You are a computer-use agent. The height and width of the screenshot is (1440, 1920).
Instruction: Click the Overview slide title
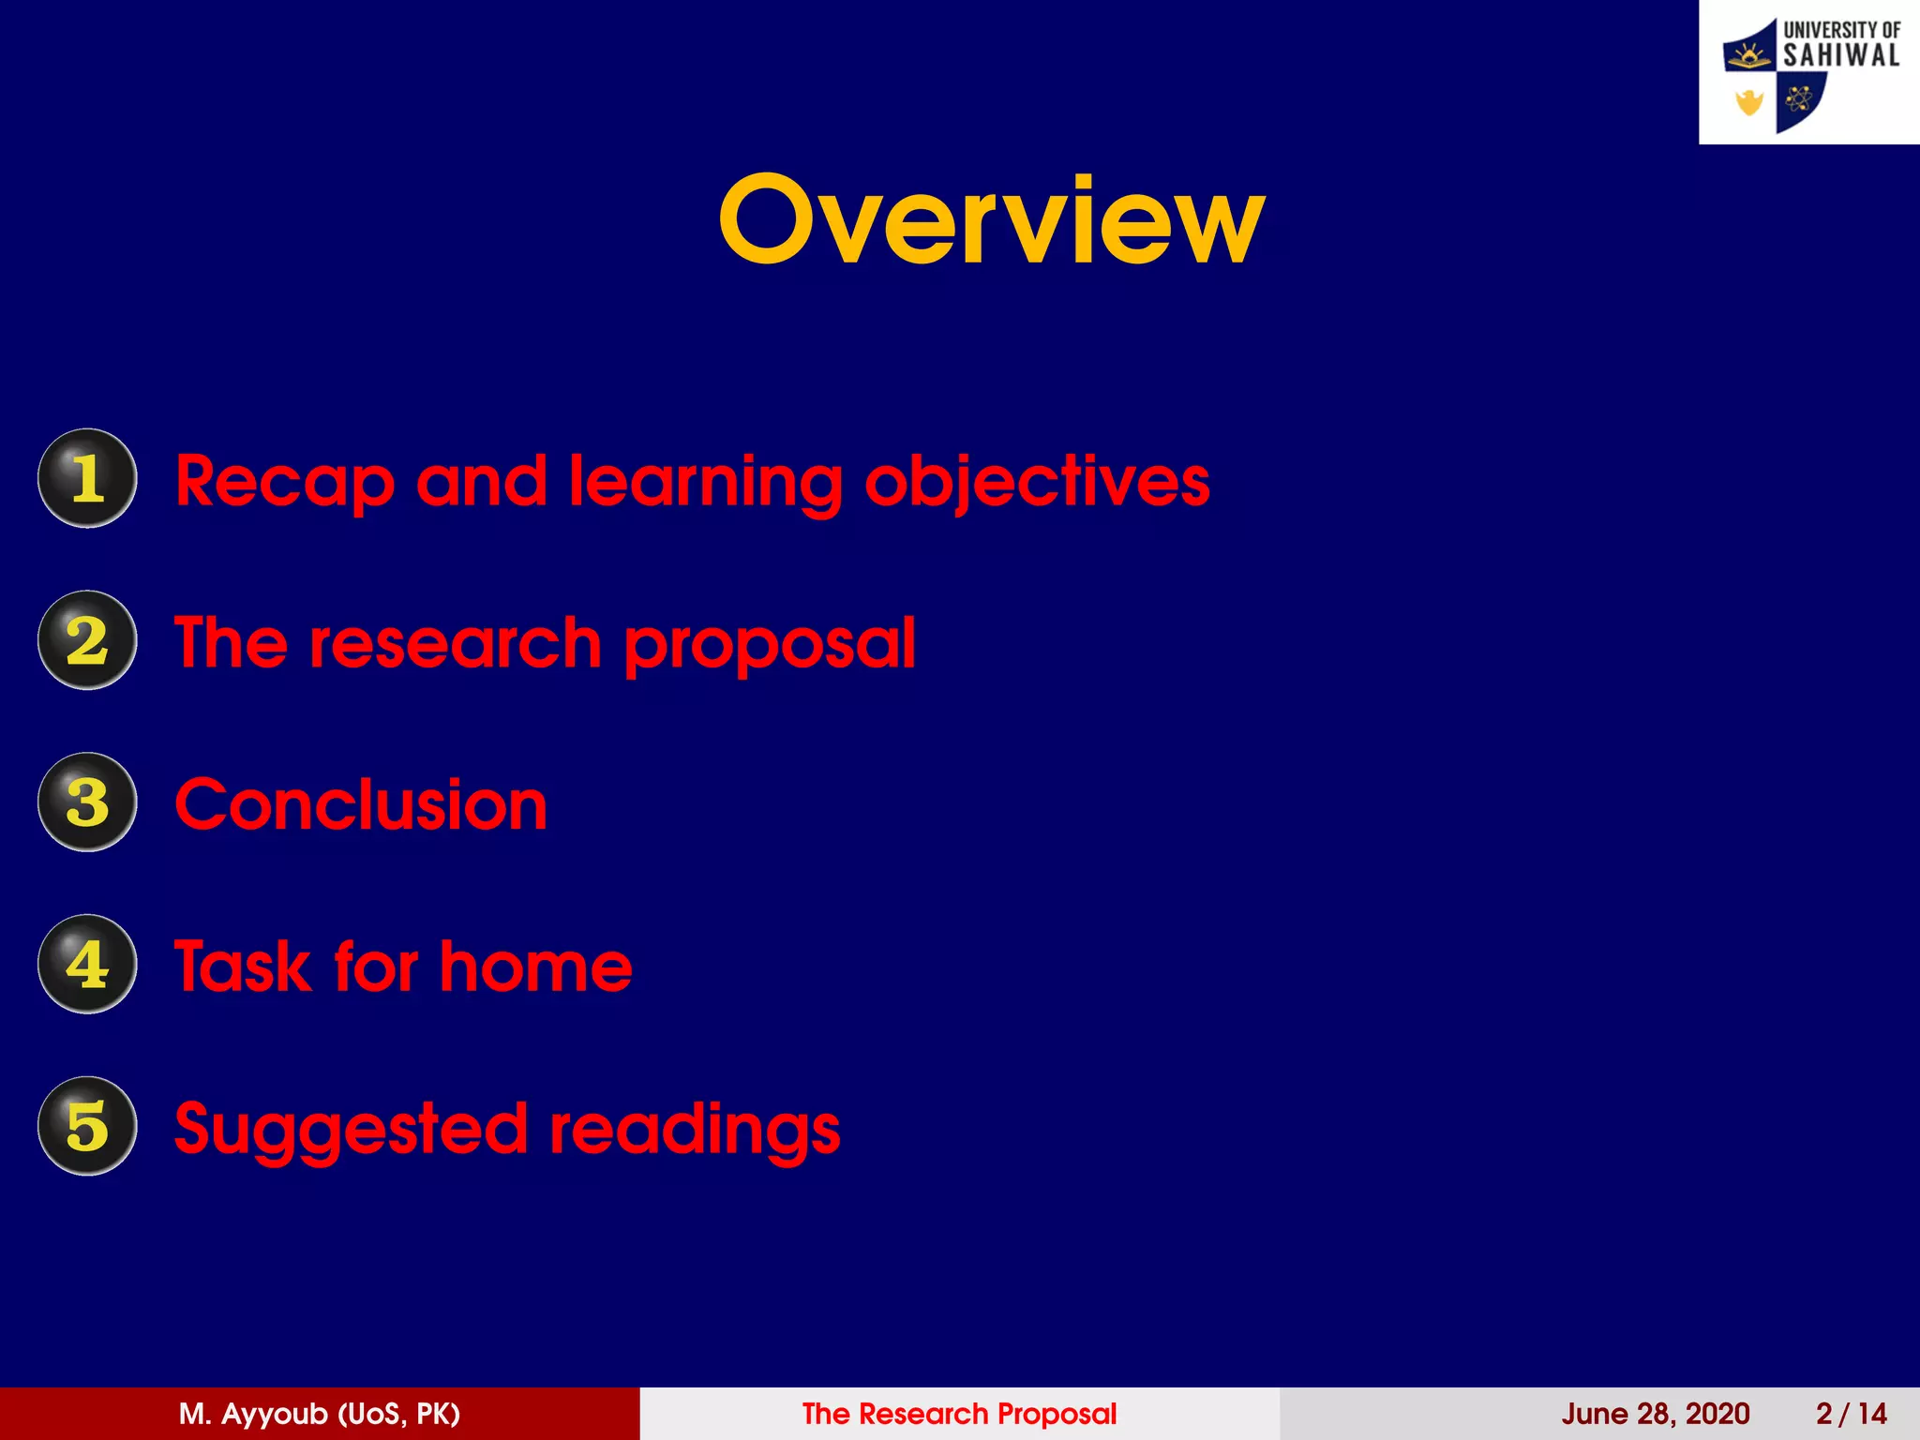point(991,220)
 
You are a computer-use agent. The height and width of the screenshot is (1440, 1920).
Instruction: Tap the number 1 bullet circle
point(87,478)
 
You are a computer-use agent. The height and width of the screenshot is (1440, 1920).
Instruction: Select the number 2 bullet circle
point(87,640)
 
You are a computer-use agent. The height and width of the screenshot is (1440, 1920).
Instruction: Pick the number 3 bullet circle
point(87,802)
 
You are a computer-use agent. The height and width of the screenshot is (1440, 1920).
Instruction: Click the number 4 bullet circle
point(87,964)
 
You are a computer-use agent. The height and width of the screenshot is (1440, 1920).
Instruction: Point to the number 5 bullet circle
point(87,1126)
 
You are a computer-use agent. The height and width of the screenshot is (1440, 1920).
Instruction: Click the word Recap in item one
point(284,483)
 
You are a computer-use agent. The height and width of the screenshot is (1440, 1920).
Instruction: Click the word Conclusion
point(361,805)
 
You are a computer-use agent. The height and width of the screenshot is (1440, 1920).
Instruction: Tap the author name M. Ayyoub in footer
point(319,1414)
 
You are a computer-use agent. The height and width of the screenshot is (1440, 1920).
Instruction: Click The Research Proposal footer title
point(959,1414)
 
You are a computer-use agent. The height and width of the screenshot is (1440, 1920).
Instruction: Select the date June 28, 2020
point(1655,1414)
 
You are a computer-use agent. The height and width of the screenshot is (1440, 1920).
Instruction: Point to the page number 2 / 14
point(1851,1414)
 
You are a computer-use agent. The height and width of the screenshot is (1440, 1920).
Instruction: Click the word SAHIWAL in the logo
point(1840,56)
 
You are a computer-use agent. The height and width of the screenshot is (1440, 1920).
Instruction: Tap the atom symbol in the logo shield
point(1797,98)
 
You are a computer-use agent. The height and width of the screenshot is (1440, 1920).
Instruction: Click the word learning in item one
point(705,483)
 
